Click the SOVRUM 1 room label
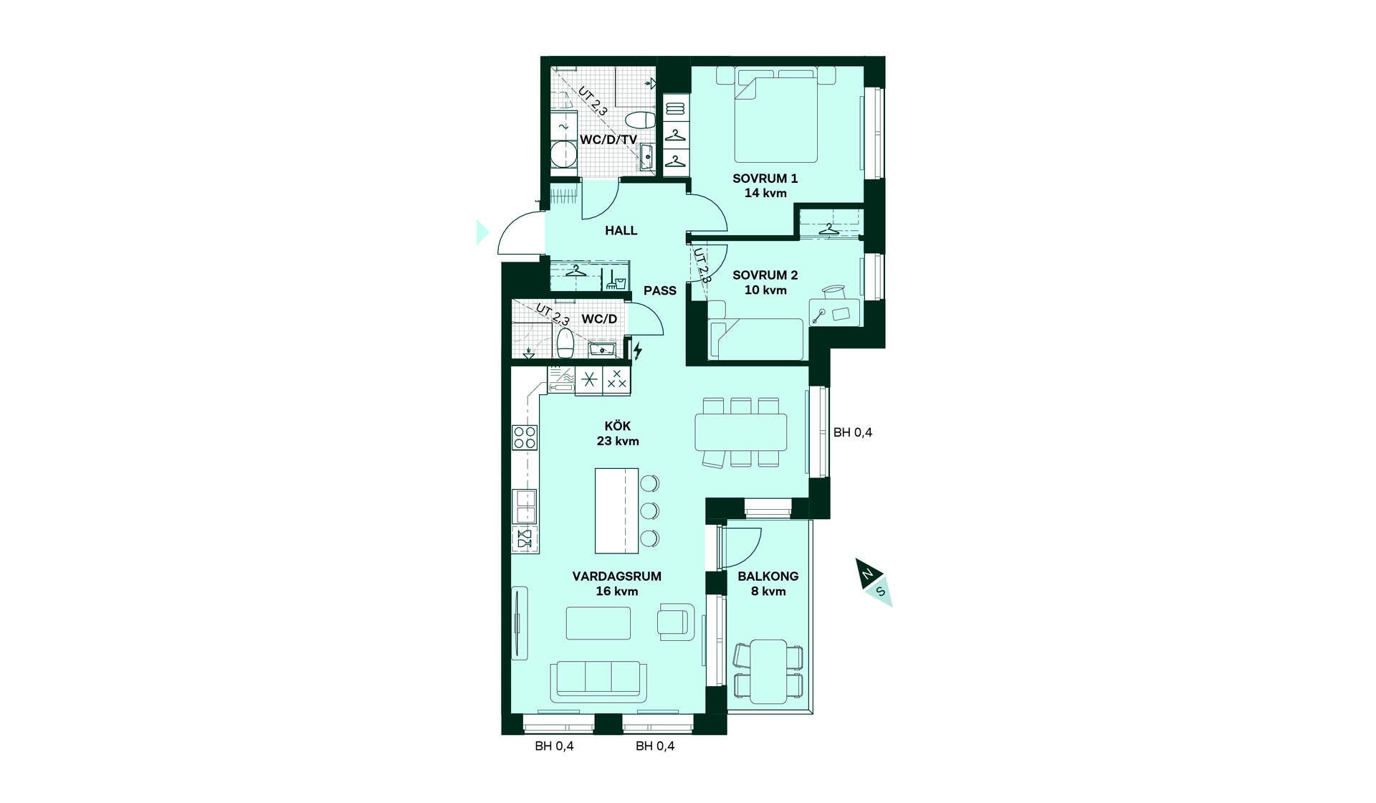click(765, 179)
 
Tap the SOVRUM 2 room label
click(765, 275)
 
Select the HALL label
click(621, 231)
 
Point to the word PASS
click(659, 291)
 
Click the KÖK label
click(617, 426)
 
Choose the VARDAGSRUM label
click(616, 576)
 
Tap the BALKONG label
click(768, 576)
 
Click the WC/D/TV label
click(608, 140)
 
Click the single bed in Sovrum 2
click(756, 338)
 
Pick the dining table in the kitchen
click(740, 432)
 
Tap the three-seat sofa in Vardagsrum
click(598, 681)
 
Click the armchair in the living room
click(677, 621)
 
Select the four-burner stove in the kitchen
click(525, 437)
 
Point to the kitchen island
click(616, 510)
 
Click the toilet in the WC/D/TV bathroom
click(640, 119)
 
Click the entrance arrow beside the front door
click(482, 232)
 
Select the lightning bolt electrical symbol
click(637, 351)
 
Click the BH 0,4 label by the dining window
click(853, 432)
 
